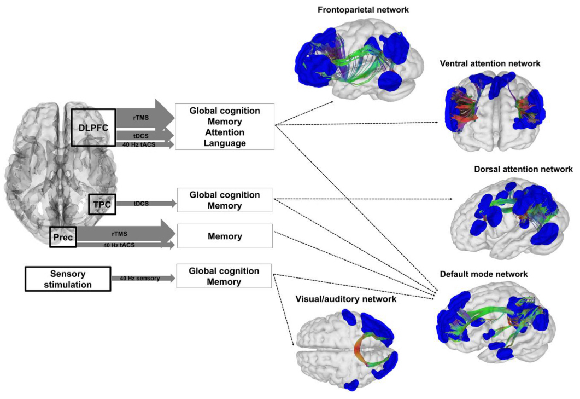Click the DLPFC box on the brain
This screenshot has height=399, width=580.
point(93,127)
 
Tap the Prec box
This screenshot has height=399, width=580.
point(62,236)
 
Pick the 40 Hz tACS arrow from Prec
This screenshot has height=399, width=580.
point(126,245)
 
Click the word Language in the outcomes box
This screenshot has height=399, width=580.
point(224,143)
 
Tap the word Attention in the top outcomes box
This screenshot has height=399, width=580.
point(224,132)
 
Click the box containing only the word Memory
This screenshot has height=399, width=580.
point(224,237)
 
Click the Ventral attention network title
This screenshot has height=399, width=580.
point(490,64)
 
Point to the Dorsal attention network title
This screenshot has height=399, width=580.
point(523,170)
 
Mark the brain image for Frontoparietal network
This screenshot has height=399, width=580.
point(358,60)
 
